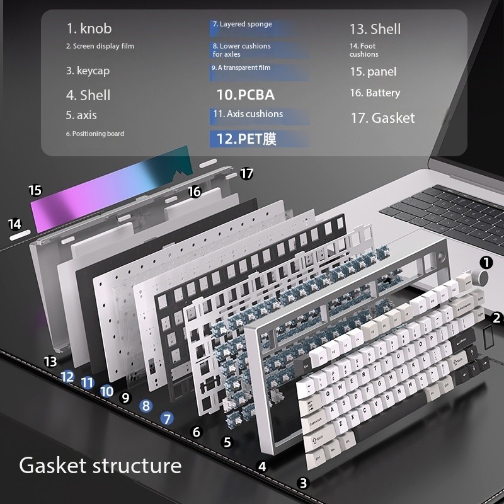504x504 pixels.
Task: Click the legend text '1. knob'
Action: coord(89,28)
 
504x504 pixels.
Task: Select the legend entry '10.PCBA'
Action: coord(246,95)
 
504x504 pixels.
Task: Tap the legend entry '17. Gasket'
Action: coord(382,118)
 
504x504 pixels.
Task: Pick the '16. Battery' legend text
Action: coord(375,93)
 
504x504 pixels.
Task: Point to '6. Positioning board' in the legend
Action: coord(95,134)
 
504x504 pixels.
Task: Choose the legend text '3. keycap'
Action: coord(88,71)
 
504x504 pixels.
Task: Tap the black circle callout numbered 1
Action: coord(486,263)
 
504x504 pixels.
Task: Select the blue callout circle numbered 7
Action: coord(166,418)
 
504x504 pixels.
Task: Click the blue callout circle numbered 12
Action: coord(68,377)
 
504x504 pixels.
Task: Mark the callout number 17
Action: coord(247,173)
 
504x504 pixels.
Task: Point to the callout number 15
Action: coord(35,190)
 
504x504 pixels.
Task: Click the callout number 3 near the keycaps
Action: coord(304,483)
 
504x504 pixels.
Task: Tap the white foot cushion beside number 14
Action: coord(20,238)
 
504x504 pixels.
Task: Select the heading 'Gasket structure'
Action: coord(100,466)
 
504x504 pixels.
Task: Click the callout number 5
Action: coord(227,442)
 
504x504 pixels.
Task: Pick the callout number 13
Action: coord(50,362)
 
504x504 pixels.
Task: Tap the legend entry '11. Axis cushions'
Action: coord(248,114)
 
